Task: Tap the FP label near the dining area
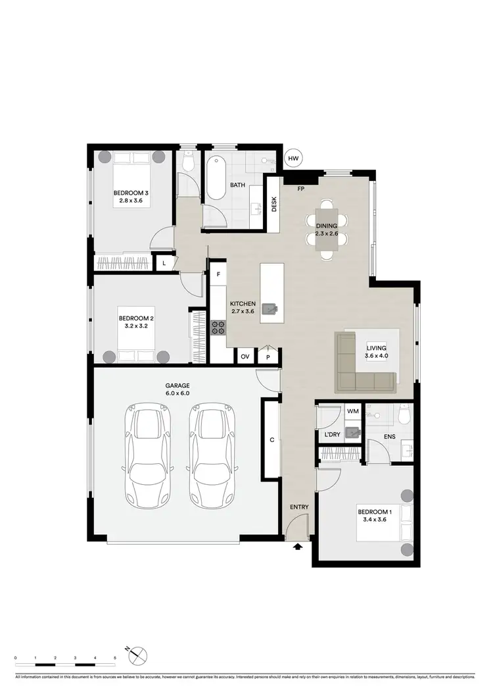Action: click(x=301, y=189)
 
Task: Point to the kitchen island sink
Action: click(x=270, y=309)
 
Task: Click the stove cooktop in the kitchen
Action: click(x=218, y=327)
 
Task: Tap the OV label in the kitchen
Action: click(x=245, y=356)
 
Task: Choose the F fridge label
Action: click(x=218, y=274)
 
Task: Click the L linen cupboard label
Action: click(x=164, y=263)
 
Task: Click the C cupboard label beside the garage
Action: click(x=271, y=439)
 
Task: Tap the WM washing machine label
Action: click(x=353, y=412)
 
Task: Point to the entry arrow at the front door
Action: click(x=298, y=545)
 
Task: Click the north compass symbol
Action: click(x=139, y=655)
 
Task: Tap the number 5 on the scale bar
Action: click(x=115, y=658)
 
